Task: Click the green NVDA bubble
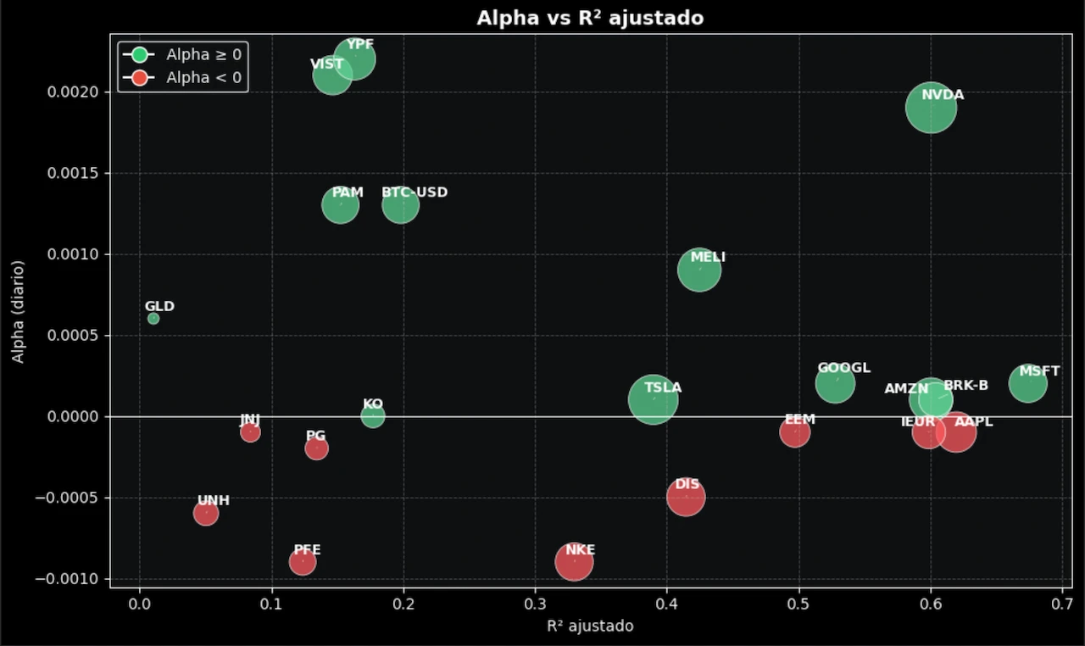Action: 931,108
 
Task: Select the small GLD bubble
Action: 153,319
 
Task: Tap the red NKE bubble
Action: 574,562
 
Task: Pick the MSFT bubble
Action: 1027,384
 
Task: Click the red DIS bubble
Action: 686,497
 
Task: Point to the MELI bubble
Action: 699,270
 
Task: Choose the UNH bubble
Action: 206,513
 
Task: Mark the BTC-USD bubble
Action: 400,204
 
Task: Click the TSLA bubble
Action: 653,399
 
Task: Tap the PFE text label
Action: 307,550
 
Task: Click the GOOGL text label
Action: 843,368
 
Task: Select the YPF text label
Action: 360,44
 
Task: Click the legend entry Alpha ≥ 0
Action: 203,55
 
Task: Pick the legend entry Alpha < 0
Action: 203,78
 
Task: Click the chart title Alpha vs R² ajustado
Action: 590,18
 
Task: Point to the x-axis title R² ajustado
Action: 590,627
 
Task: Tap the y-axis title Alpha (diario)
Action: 18,312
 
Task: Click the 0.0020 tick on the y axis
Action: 75,92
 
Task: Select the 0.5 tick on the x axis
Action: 799,604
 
